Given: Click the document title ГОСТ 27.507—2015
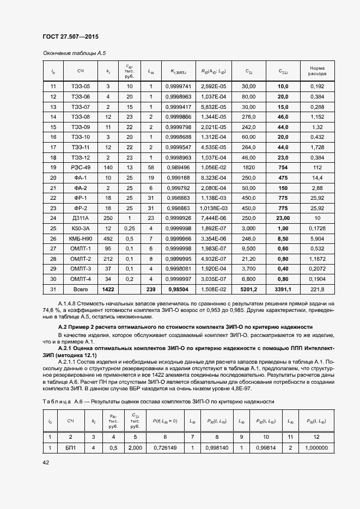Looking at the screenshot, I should [x=70, y=37].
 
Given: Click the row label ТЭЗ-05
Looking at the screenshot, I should [x=80, y=87].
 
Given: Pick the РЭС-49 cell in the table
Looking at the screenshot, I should [x=80, y=167].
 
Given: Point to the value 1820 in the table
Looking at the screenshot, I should [x=248, y=167].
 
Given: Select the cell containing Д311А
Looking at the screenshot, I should [x=80, y=218].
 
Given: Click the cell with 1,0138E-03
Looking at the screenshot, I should [x=213, y=208].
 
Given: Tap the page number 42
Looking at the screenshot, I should [x=46, y=462].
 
